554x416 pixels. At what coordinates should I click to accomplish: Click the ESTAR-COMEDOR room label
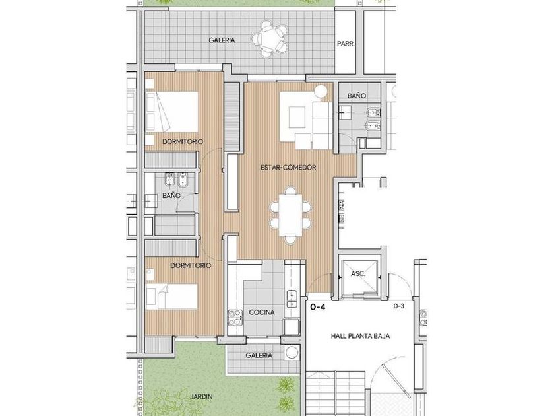[x=288, y=167]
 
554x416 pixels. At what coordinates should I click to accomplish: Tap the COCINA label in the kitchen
[x=262, y=312]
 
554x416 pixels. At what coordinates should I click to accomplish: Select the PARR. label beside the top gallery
[x=346, y=44]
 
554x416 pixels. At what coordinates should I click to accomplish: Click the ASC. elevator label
[x=358, y=274]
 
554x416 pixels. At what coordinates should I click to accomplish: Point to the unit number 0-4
[x=318, y=307]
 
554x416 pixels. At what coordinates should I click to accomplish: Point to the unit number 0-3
[x=399, y=306]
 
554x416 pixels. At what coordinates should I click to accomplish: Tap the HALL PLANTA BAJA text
[x=360, y=336]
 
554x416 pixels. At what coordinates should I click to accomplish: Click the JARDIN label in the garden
[x=201, y=397]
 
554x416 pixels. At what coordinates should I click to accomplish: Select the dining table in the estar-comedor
[x=290, y=215]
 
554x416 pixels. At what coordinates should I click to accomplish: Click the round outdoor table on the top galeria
[x=270, y=39]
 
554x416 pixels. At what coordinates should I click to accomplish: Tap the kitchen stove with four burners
[x=235, y=318]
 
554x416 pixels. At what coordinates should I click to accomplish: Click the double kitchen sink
[x=292, y=299]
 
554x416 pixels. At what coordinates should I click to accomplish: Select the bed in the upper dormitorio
[x=172, y=112]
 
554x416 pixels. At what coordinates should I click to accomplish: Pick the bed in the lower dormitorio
[x=172, y=296]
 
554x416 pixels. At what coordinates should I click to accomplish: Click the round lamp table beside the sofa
[x=322, y=92]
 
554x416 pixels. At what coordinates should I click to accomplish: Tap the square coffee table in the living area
[x=297, y=117]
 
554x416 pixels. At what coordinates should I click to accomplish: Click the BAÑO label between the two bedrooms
[x=171, y=195]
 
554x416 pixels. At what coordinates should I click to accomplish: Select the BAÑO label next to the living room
[x=357, y=96]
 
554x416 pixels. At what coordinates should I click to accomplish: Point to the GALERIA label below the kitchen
[x=259, y=355]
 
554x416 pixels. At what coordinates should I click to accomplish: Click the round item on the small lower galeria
[x=292, y=353]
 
